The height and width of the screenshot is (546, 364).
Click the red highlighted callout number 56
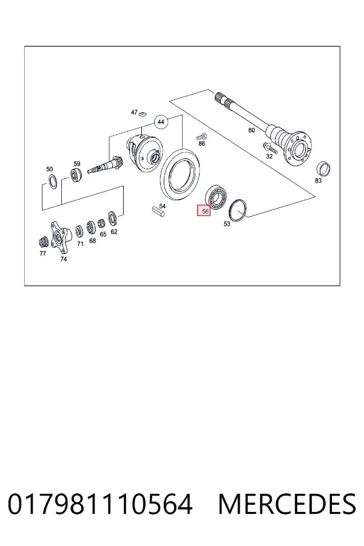(204, 211)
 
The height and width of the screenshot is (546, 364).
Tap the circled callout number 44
(161, 122)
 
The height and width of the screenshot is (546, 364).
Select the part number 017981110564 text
(100, 504)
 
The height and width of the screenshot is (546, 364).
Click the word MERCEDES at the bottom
(287, 504)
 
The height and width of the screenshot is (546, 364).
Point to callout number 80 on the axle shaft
(252, 130)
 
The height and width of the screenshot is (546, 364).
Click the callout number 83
(318, 180)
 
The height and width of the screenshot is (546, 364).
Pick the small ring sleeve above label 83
(323, 169)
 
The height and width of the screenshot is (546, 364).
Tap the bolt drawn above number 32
(270, 149)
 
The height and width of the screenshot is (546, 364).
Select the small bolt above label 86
(201, 136)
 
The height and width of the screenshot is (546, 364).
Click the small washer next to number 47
(142, 113)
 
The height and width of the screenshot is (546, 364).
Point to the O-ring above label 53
(238, 209)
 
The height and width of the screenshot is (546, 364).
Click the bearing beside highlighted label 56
(216, 197)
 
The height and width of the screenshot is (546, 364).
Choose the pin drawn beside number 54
(158, 212)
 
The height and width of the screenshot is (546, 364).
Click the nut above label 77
(43, 241)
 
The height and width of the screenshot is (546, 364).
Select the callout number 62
(114, 232)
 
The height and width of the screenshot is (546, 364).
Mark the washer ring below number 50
(52, 182)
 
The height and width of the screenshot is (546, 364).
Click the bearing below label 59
(76, 175)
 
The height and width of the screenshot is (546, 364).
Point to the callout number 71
(80, 244)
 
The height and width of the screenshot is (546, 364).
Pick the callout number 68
(92, 241)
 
